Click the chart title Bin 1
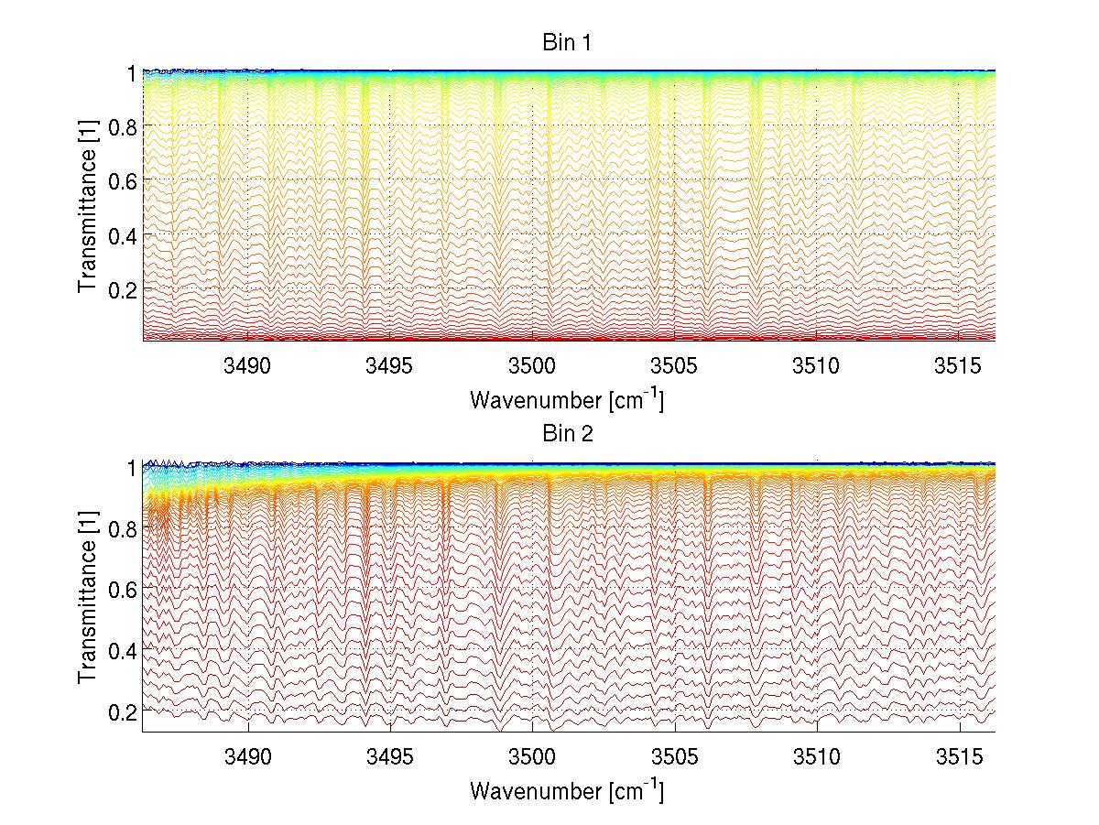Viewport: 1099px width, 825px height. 568,42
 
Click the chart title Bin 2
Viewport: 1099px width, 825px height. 568,434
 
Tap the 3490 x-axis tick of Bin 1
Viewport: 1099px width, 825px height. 249,365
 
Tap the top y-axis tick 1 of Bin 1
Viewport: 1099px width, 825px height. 131,71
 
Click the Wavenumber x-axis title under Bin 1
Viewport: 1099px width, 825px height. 567,399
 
